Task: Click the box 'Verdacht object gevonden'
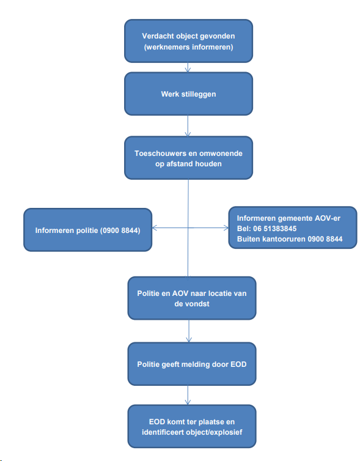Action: (x=188, y=41)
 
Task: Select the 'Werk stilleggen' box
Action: (x=188, y=94)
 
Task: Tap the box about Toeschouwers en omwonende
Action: (x=188, y=158)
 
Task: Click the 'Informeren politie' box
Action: (x=87, y=230)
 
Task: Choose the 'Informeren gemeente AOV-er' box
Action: (x=293, y=227)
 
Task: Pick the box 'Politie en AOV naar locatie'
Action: (x=192, y=298)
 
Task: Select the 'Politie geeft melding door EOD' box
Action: (x=192, y=364)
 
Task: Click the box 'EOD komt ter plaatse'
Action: (x=192, y=426)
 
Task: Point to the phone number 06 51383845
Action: (x=275, y=229)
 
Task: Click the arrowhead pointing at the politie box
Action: (x=155, y=227)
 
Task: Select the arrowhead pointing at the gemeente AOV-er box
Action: (x=226, y=227)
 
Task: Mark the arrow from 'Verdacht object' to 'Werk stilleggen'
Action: (x=188, y=67)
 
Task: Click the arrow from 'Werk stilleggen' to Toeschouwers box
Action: (x=188, y=126)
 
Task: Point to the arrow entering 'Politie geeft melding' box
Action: (x=189, y=331)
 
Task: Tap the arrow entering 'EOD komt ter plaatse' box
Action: (x=188, y=395)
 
